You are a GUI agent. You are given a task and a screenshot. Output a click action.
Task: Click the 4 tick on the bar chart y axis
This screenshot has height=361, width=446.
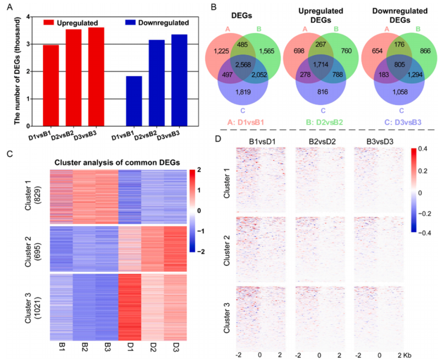pyautogui.click(x=28, y=17)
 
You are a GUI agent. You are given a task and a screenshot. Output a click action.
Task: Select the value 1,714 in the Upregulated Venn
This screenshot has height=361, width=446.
pyautogui.click(x=323, y=65)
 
